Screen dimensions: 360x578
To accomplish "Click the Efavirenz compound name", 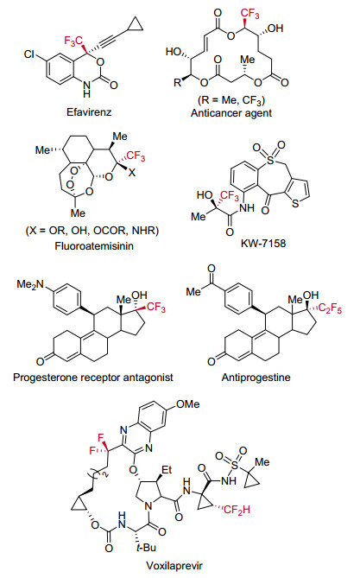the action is (x=89, y=111).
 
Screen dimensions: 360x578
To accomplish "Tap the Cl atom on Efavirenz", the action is (x=29, y=54).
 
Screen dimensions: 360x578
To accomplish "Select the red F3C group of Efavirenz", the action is (x=73, y=41).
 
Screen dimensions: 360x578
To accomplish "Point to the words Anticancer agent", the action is (x=231, y=113).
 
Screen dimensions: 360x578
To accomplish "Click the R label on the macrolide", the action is (x=178, y=82).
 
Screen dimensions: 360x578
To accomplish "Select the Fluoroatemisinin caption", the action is (x=94, y=245).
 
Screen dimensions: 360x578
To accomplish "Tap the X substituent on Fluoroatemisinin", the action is (x=132, y=172).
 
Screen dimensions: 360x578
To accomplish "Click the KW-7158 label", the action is (x=263, y=243).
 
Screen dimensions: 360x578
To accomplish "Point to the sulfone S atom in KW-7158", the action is (x=270, y=160).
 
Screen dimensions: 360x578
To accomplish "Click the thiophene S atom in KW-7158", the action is (x=295, y=203).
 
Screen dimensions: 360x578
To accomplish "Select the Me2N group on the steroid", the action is (x=30, y=284).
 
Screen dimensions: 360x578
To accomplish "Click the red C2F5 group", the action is (x=330, y=308).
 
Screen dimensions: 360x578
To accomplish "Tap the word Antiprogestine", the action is (x=256, y=377).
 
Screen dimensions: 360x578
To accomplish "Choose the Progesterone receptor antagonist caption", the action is (x=93, y=377).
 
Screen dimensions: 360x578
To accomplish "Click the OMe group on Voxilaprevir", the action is (x=187, y=404).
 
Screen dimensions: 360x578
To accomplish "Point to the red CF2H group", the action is (x=237, y=510).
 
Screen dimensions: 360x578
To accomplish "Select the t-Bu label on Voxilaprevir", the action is (x=146, y=548).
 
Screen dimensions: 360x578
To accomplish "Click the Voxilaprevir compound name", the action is (x=174, y=565).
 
